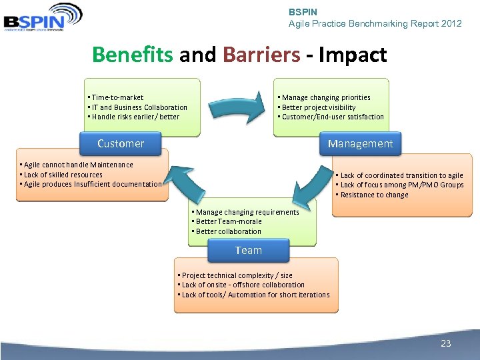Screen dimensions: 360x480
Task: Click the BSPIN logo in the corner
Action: [42, 17]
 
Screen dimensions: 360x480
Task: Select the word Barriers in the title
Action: [261, 55]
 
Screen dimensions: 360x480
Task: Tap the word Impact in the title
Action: [353, 55]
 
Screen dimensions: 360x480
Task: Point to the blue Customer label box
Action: [121, 143]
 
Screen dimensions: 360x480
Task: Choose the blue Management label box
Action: [360, 143]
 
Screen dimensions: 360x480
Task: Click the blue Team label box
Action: [249, 251]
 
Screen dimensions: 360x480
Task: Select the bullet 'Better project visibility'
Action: [318, 107]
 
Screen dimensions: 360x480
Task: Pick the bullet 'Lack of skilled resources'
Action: [63, 175]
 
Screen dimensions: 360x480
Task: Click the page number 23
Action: [446, 343]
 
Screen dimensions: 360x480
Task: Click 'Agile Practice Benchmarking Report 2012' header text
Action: [375, 23]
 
